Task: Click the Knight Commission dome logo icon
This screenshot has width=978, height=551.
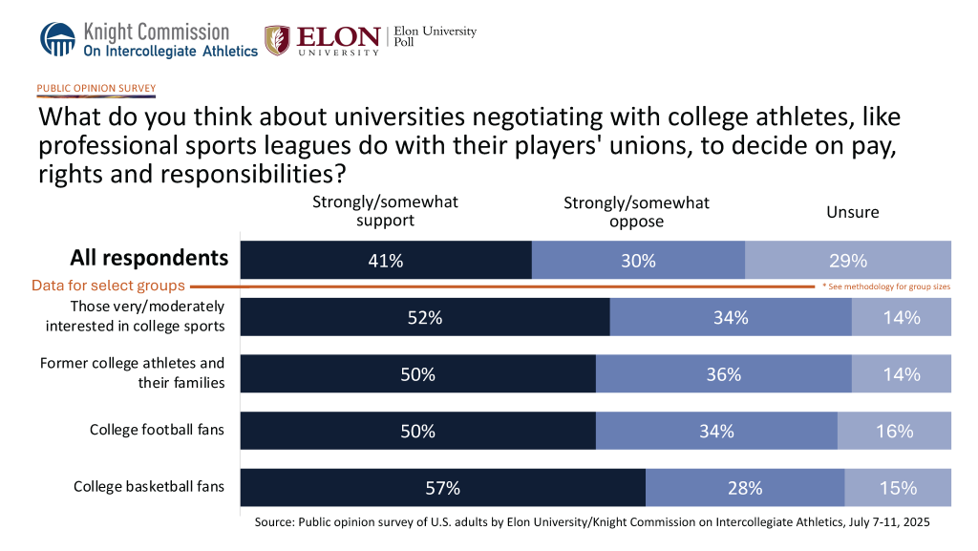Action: coord(56,39)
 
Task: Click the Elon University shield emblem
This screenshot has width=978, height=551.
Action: coord(277,40)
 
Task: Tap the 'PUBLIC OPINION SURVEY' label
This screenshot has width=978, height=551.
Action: coord(96,89)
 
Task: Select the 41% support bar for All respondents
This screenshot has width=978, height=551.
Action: coord(386,260)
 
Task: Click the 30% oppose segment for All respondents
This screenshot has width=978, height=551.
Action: coord(638,260)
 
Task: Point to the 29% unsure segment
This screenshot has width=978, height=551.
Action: coord(848,260)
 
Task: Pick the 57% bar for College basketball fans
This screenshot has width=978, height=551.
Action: coord(443,488)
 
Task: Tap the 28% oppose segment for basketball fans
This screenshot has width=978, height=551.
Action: coord(745,488)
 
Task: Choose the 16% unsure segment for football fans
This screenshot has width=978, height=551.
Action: coord(895,431)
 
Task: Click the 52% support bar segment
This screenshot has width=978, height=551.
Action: coord(425,318)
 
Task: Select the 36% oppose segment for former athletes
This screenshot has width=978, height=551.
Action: coord(724,374)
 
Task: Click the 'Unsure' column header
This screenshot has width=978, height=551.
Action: coord(852,212)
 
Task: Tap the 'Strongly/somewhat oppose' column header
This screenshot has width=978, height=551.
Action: coord(637,212)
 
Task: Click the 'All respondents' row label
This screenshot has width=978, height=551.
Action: coord(149,258)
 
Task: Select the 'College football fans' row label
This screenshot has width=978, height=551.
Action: coord(157,430)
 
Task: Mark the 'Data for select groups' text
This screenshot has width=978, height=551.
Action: coord(108,286)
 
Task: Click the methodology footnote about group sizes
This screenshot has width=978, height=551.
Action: coord(886,286)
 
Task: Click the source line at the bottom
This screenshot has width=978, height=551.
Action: coord(592,523)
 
